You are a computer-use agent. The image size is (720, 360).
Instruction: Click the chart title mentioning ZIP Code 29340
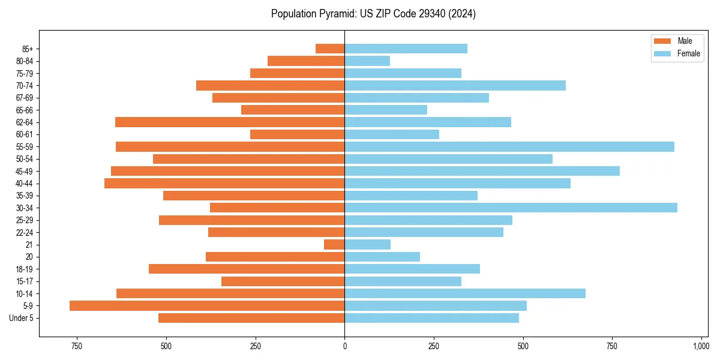[x=373, y=14]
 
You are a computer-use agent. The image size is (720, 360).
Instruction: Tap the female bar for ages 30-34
[x=511, y=208]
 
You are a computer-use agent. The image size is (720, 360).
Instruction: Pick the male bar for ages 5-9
[x=207, y=305]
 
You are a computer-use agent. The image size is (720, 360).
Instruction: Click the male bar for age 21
[x=334, y=244]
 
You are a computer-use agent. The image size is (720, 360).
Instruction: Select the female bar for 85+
[x=406, y=49]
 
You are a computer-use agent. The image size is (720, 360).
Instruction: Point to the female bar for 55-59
[x=509, y=146]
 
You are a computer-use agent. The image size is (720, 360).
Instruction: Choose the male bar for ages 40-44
[x=224, y=183]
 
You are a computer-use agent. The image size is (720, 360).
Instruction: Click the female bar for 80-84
[x=367, y=61]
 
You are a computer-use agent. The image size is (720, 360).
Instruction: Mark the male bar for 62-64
[x=230, y=122]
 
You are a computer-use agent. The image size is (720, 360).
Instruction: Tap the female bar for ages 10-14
[x=465, y=293]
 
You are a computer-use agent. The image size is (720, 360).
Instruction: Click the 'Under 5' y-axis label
[x=21, y=318]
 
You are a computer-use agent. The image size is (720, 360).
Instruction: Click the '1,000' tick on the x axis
[x=701, y=346]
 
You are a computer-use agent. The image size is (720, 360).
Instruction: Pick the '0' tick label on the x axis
[x=344, y=346]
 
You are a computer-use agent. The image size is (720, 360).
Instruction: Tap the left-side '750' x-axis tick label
[x=76, y=346]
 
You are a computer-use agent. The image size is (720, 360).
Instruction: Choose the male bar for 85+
[x=330, y=49]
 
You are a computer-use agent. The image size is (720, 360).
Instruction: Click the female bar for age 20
[x=382, y=257]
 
